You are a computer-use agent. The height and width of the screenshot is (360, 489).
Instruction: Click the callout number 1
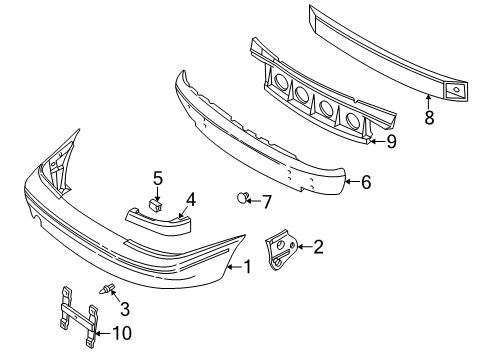point(244,267)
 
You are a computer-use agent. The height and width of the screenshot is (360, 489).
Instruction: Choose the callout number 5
point(157,178)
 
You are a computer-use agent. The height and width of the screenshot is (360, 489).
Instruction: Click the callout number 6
point(365,183)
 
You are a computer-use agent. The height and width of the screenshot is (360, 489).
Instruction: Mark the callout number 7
point(265,201)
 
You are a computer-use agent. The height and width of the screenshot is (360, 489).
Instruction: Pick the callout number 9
point(392,141)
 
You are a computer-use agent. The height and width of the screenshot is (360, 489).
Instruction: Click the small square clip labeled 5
point(156,204)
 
